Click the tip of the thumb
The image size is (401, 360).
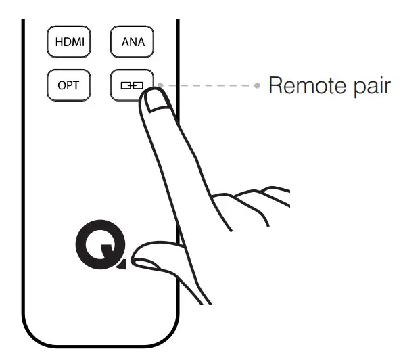[139, 256]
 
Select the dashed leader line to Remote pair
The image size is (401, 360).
[210, 86]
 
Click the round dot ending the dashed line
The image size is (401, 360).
[258, 86]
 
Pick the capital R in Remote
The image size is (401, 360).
[275, 86]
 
